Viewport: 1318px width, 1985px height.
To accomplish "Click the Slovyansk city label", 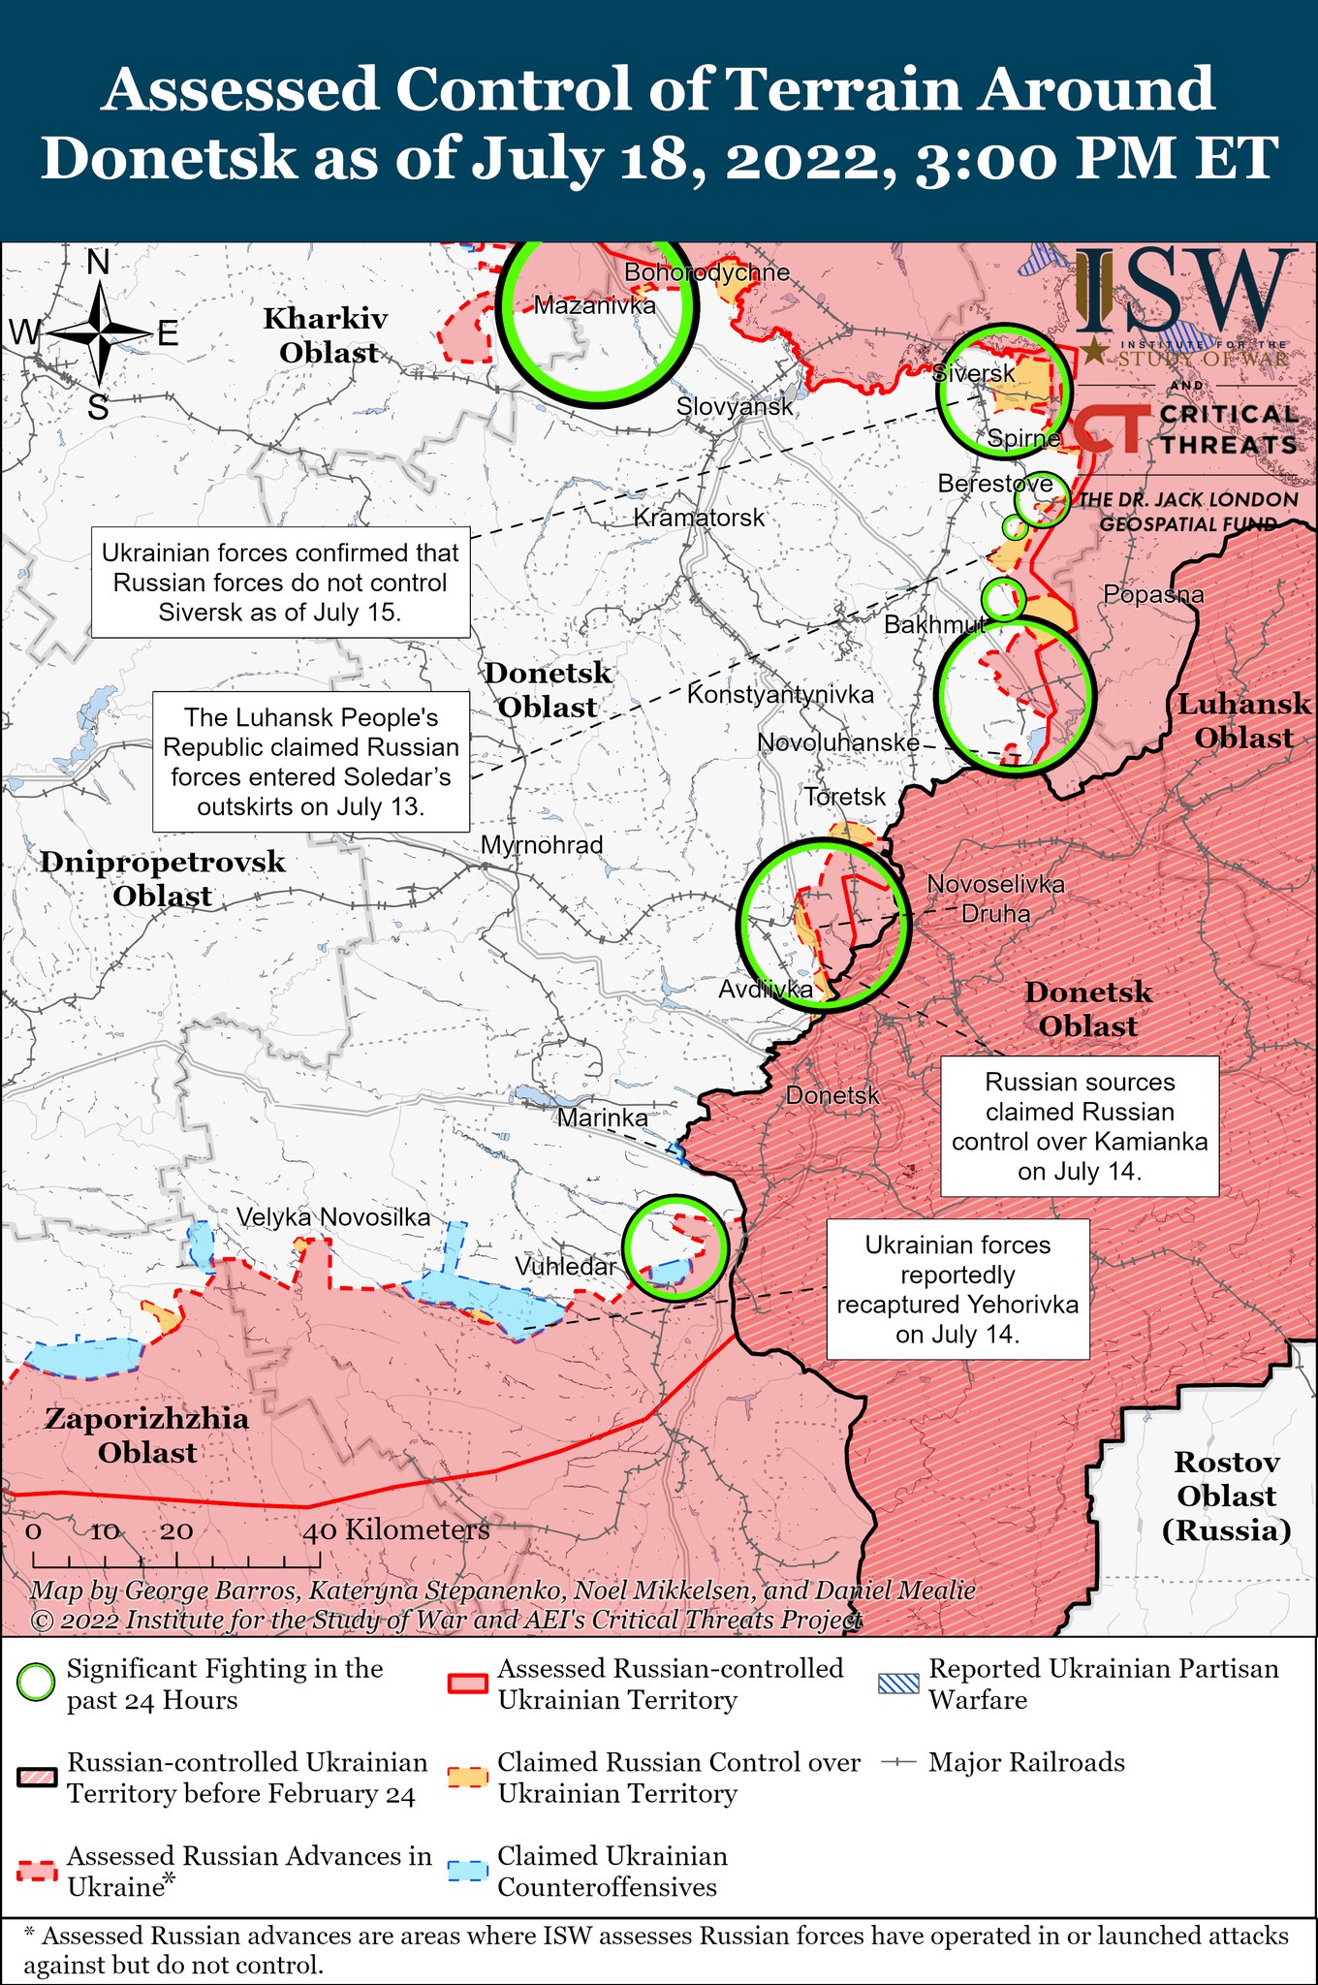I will click(x=735, y=406).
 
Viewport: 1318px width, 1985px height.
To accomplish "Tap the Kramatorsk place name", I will click(x=699, y=518).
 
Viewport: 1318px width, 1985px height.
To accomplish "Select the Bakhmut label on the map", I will click(x=934, y=624).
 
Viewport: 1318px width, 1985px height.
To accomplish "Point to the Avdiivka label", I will click(x=765, y=989).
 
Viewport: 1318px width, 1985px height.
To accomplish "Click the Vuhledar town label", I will click(x=565, y=1266).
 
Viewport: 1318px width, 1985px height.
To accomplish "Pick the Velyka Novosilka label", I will click(x=333, y=1217).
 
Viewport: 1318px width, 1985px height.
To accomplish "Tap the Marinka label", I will click(x=602, y=1118).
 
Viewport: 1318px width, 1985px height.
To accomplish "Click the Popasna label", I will click(x=1153, y=594).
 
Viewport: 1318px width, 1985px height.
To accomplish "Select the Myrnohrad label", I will click(x=542, y=844).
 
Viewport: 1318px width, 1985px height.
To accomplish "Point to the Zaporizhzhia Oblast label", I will click(x=147, y=1435).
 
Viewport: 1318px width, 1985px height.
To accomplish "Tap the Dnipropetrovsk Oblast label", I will click(x=163, y=878).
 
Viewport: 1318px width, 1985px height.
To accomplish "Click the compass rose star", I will click(x=100, y=333).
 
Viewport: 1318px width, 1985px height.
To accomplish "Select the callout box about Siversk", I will click(x=281, y=583).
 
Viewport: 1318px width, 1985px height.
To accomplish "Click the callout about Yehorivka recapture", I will click(x=957, y=1289).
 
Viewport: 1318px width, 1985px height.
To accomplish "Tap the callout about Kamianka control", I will click(x=1080, y=1126).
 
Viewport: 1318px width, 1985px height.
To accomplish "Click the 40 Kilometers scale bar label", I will click(x=397, y=1530).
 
